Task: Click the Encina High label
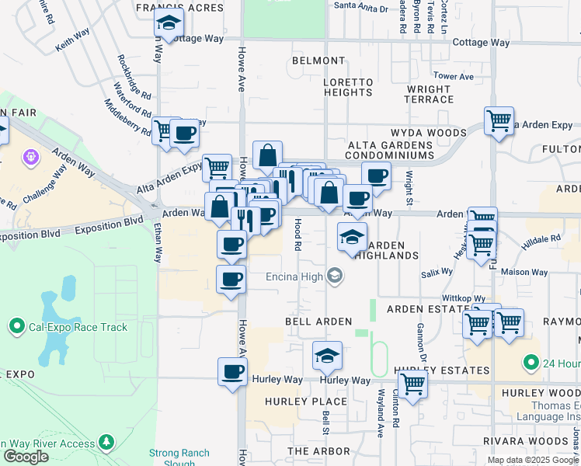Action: (298, 276)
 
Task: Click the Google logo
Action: (26, 457)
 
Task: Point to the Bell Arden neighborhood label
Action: (318, 322)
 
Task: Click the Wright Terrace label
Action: (430, 94)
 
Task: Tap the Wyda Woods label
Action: (429, 133)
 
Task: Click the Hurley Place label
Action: (306, 402)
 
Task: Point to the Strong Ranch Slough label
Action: (179, 457)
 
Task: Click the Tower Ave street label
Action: (454, 76)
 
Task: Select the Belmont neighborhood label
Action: (318, 61)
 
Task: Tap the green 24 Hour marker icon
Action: (531, 363)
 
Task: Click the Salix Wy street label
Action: (437, 273)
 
